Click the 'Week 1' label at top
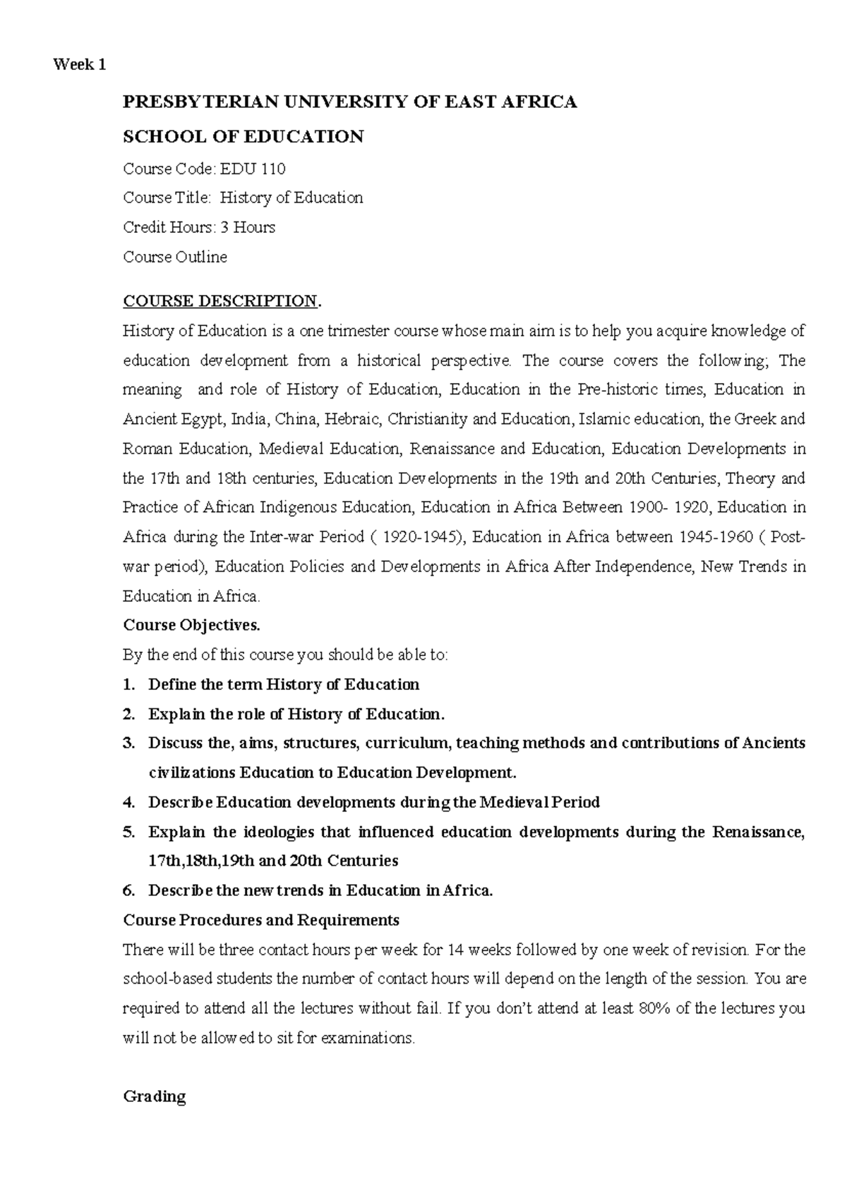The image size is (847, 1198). tap(79, 65)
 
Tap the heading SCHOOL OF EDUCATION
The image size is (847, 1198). tap(243, 137)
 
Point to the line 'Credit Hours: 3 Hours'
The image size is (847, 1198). tap(199, 227)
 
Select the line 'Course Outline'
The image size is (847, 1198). tap(175, 257)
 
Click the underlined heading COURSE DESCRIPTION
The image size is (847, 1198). tap(220, 301)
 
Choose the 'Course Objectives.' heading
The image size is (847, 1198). tap(191, 625)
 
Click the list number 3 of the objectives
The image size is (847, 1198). tap(128, 743)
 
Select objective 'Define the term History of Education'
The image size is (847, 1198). tap(284, 684)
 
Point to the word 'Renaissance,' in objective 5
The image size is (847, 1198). tap(758, 832)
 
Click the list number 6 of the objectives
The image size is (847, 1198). tap(128, 890)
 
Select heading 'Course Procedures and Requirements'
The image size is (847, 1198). tap(261, 920)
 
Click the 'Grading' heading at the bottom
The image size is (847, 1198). tap(154, 1096)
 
